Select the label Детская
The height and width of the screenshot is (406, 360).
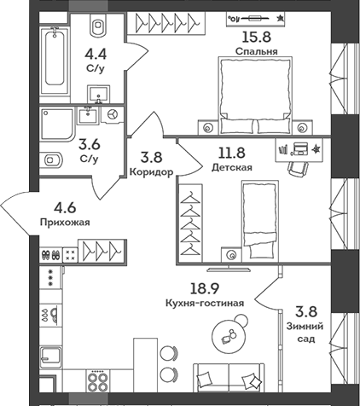pyautogui.click(x=232, y=168)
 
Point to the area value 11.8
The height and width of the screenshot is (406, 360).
pyautogui.click(x=232, y=154)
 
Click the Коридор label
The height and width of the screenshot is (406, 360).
pyautogui.click(x=154, y=171)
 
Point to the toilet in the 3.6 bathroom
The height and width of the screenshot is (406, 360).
pyautogui.click(x=51, y=158)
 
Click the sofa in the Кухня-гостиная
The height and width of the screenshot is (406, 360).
pyautogui.click(x=231, y=375)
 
